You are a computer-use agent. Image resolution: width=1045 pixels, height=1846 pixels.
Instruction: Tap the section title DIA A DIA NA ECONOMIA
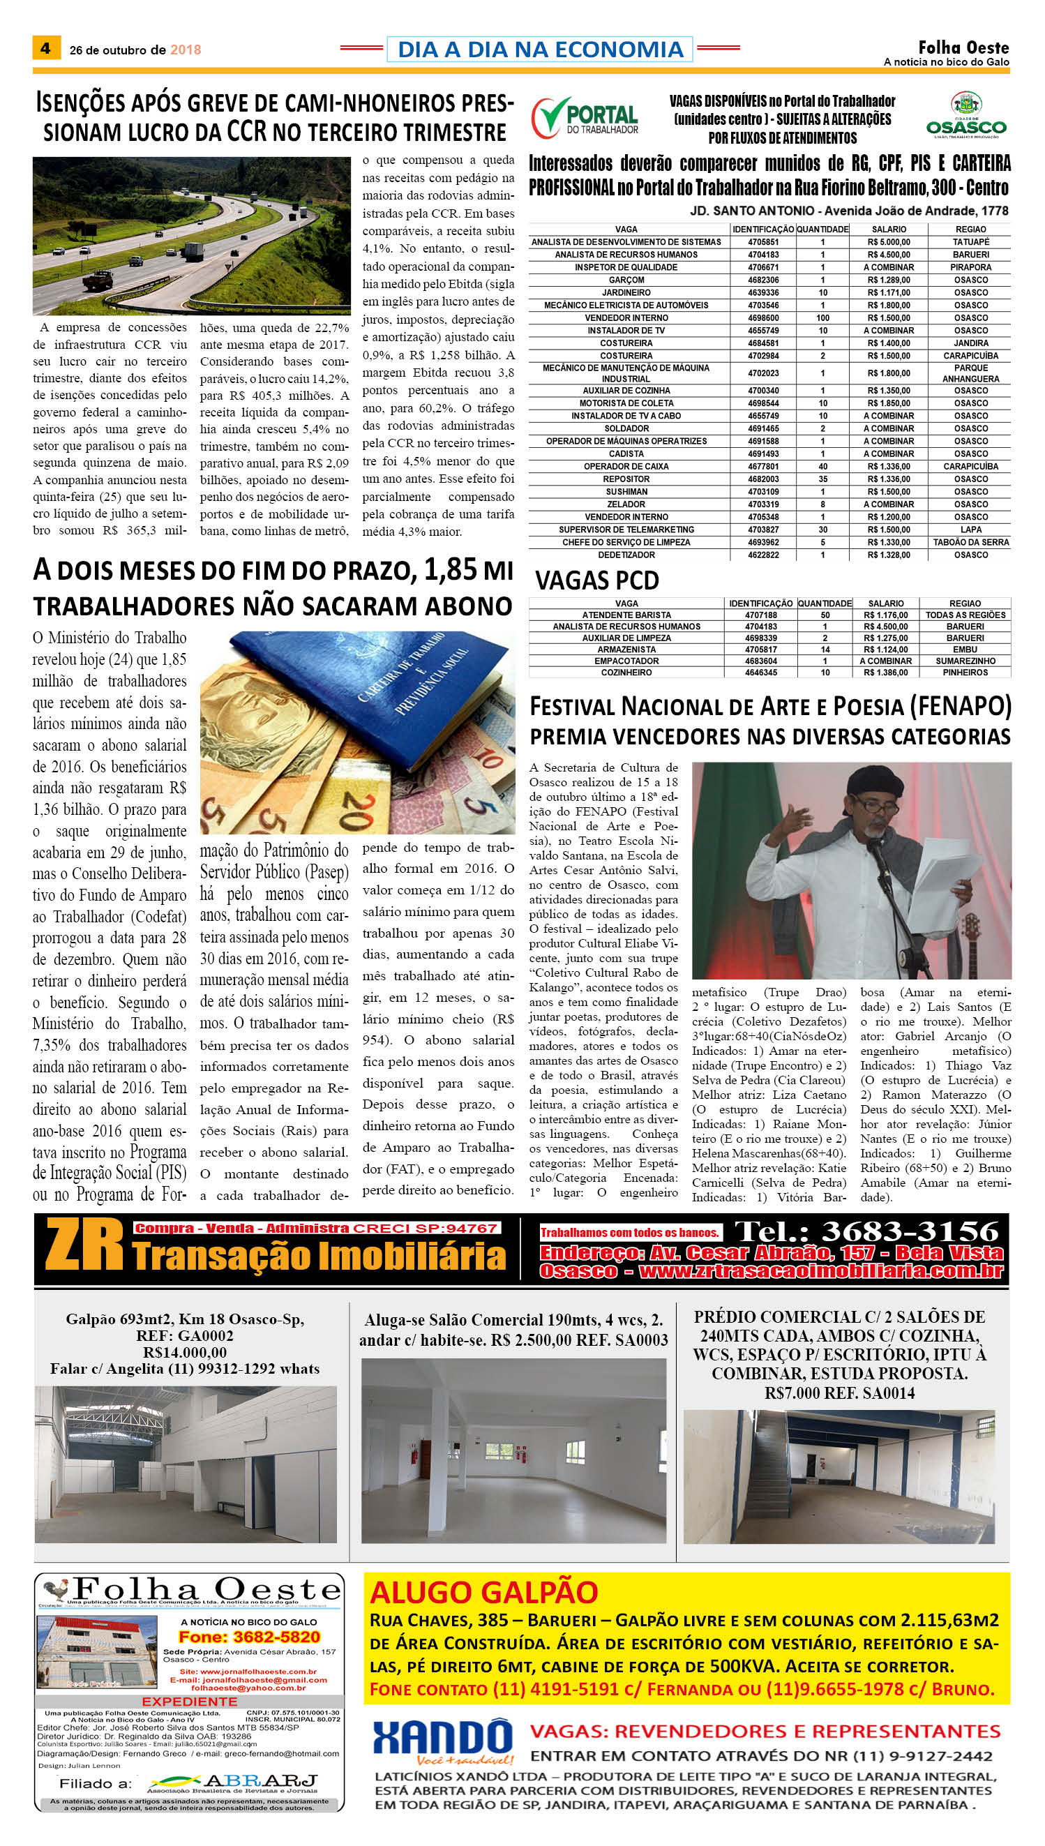click(540, 50)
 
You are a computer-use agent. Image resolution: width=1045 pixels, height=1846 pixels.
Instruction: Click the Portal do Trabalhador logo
click(585, 117)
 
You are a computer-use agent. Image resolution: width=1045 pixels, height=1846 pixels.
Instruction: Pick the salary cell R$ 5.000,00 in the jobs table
click(889, 242)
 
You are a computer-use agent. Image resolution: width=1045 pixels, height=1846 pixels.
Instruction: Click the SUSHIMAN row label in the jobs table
click(626, 492)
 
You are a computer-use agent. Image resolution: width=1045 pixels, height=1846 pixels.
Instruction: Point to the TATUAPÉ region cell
click(970, 242)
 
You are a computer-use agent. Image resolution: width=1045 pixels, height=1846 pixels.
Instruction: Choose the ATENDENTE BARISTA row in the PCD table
click(626, 615)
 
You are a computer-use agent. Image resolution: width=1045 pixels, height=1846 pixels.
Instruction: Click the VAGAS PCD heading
click(596, 580)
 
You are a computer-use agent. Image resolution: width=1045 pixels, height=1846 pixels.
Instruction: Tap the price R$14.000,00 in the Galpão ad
click(184, 1352)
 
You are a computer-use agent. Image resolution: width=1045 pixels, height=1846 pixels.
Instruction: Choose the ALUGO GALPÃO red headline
click(483, 1591)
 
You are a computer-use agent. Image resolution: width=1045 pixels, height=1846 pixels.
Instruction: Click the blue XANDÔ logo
click(442, 1739)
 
